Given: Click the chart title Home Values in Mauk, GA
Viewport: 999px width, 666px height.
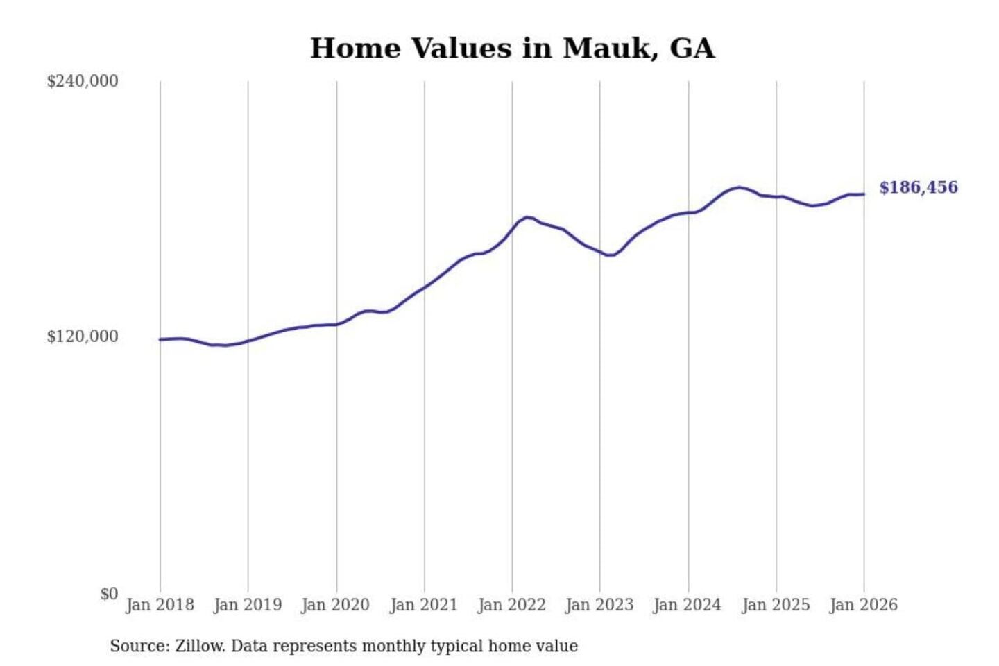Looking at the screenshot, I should [512, 49].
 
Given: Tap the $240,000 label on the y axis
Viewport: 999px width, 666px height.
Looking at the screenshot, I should [83, 81].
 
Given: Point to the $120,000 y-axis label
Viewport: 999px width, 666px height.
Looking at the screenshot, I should [83, 336].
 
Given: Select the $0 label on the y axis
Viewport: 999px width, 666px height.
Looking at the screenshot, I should [109, 594].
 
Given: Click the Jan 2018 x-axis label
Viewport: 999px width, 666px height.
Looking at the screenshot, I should [160, 605].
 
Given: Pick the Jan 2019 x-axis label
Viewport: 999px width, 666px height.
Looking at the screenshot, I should [248, 605].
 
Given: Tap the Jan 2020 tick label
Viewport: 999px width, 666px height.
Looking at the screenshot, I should [336, 605].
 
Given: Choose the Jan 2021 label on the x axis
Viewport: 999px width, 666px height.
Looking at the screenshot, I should [424, 605].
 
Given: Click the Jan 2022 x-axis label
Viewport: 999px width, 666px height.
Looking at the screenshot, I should [512, 605].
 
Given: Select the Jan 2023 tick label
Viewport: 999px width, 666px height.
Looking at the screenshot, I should [600, 605].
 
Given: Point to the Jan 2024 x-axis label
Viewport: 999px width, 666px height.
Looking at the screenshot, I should [688, 605].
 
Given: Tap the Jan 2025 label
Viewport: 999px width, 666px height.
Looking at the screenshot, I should [776, 605].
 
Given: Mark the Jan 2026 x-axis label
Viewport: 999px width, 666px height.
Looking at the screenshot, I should [864, 605].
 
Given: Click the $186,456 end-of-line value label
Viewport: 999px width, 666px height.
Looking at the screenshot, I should [919, 187].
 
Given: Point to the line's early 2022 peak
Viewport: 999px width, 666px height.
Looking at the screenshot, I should [529, 217].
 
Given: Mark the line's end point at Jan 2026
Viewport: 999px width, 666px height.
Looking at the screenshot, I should [864, 194].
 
